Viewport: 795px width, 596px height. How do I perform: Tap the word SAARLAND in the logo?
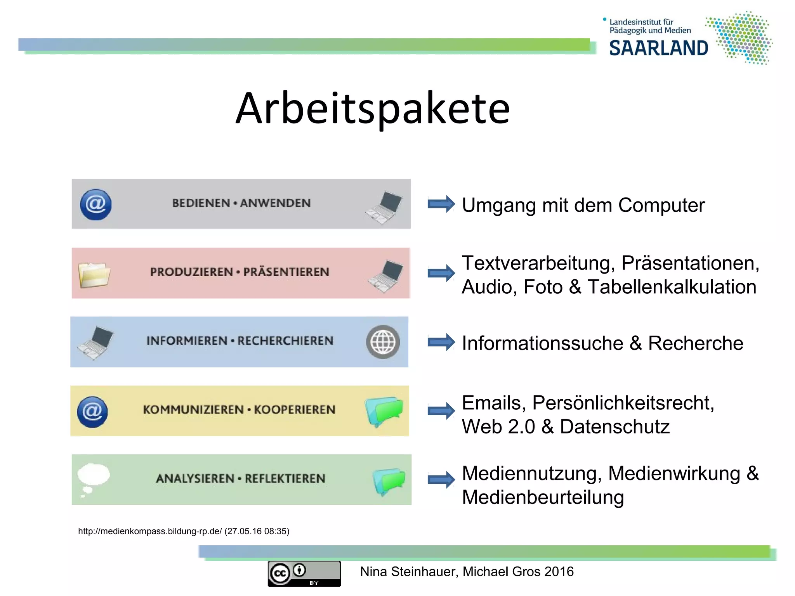point(658,49)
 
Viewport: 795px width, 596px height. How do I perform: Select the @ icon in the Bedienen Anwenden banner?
point(95,204)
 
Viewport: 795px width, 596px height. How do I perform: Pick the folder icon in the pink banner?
point(94,275)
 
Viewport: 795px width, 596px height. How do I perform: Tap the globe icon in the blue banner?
point(383,342)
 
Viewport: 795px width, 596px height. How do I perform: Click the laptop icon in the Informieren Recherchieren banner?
point(95,342)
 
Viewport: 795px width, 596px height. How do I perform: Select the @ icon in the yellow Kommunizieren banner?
point(92,412)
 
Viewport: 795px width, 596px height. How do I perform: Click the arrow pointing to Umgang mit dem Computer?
point(441,204)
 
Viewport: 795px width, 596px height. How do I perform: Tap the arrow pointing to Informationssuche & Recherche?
point(441,342)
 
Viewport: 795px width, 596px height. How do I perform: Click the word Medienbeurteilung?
point(543,497)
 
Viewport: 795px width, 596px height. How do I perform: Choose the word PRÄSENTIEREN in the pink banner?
point(286,272)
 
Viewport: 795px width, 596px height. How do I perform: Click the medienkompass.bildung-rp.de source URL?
point(150,531)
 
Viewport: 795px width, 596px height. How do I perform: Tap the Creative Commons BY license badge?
point(304,573)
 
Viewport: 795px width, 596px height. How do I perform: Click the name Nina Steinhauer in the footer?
point(409,572)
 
